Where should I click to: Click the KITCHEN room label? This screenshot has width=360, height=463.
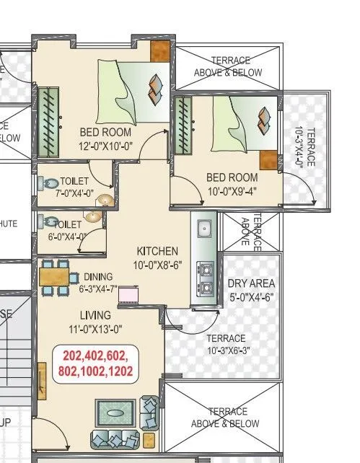157,251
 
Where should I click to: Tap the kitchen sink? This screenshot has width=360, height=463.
204,229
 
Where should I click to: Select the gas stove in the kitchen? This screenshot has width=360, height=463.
206,279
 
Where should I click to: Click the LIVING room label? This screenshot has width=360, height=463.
95,315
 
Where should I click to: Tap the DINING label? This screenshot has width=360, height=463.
98,276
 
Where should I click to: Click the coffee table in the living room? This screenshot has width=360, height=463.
115,414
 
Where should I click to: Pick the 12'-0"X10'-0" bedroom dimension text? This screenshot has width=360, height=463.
105,146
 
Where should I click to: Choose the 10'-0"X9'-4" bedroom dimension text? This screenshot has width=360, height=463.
232,190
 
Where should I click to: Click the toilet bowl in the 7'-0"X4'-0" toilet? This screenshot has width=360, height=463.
51,185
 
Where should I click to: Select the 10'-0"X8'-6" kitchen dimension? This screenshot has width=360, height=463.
157,265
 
